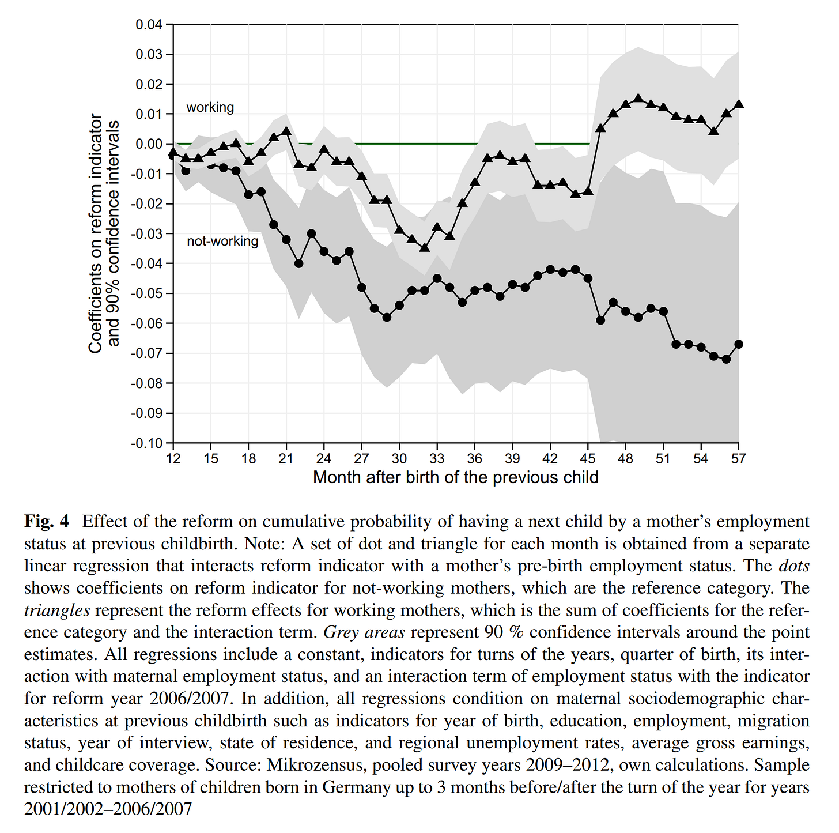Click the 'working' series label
click(210, 107)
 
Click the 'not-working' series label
click(222, 241)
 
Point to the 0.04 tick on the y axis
click(149, 25)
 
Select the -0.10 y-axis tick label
click(148, 443)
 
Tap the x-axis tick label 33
click(437, 459)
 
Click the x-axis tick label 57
click(738, 459)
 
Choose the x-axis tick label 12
click(173, 459)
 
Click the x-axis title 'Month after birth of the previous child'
click(455, 477)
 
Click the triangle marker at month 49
click(638, 99)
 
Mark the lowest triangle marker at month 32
click(425, 247)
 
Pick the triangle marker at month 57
click(739, 104)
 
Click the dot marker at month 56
click(726, 359)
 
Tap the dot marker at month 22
click(298, 263)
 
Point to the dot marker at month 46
click(600, 320)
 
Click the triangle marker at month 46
click(600, 128)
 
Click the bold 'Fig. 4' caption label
click(46, 522)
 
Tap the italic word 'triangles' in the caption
click(56, 610)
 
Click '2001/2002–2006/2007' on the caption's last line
click(108, 809)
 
